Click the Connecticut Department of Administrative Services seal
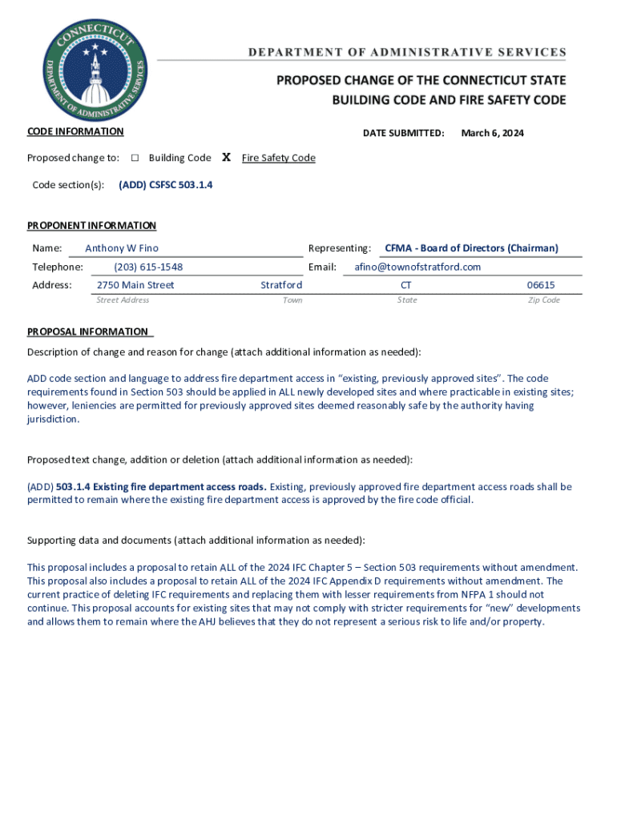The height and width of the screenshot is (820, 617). [x=94, y=68]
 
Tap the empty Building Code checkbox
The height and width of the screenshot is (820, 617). [x=135, y=158]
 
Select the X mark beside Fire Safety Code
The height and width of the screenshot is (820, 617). [x=226, y=158]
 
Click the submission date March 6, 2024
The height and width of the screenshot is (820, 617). [x=492, y=133]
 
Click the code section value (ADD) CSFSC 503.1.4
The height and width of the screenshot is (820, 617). [x=166, y=185]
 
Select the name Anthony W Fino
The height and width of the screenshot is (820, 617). [x=122, y=248]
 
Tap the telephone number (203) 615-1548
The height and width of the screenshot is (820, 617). [x=143, y=267]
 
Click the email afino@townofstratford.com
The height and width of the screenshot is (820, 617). [x=417, y=267]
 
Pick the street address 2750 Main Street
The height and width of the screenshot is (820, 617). [x=135, y=285]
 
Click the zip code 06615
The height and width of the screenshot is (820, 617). [x=540, y=285]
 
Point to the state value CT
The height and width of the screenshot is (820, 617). [x=406, y=285]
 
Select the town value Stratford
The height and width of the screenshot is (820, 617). [x=281, y=285]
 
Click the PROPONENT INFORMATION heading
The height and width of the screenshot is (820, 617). [x=91, y=226]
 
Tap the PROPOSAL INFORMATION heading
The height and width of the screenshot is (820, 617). [x=88, y=332]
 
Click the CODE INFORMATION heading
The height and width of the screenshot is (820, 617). [x=75, y=131]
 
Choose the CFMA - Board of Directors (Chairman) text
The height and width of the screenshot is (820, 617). [x=471, y=248]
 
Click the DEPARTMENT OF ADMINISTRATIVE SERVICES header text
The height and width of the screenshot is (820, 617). [x=406, y=53]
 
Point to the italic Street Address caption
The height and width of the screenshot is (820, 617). [x=123, y=300]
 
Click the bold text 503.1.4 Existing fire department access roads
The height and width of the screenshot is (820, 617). [x=162, y=486]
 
